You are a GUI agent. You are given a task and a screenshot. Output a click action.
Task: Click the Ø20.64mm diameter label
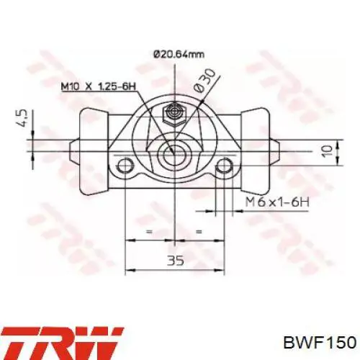[x=179, y=55]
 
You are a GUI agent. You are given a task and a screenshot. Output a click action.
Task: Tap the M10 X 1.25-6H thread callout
[x=99, y=86]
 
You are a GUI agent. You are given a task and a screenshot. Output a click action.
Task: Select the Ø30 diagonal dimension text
[x=204, y=80]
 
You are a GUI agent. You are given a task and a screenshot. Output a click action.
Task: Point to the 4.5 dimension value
[x=22, y=118]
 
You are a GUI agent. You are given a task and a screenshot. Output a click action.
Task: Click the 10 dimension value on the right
[x=327, y=151]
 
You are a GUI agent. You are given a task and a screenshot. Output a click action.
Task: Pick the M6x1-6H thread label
[x=277, y=202]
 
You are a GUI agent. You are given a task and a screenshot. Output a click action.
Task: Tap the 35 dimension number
[x=176, y=261]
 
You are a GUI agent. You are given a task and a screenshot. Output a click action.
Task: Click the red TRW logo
[x=62, y=343]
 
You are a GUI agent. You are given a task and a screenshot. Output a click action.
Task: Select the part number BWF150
[x=320, y=342]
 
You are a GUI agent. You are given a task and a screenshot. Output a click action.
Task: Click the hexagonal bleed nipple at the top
[x=174, y=114]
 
